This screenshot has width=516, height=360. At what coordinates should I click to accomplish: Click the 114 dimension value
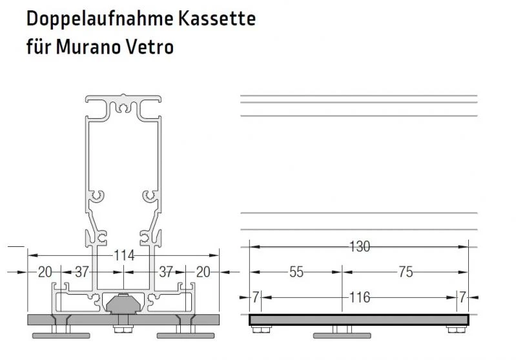click(122, 256)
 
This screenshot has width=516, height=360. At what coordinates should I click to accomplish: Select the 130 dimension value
click(359, 246)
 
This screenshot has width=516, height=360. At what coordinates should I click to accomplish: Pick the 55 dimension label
click(296, 272)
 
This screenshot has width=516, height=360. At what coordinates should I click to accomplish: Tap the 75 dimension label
click(405, 272)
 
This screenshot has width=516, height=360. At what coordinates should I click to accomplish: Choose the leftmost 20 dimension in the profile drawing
click(44, 272)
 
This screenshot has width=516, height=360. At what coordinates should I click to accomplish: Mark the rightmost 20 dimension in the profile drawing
click(202, 272)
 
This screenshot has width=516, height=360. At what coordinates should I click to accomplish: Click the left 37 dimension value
click(81, 272)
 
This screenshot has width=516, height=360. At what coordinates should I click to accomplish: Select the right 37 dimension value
click(165, 272)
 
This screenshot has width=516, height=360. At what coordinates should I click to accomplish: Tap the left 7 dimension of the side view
click(256, 297)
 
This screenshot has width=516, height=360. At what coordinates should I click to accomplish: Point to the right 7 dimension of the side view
click(462, 297)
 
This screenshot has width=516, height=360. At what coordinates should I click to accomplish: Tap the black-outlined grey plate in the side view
click(359, 320)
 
